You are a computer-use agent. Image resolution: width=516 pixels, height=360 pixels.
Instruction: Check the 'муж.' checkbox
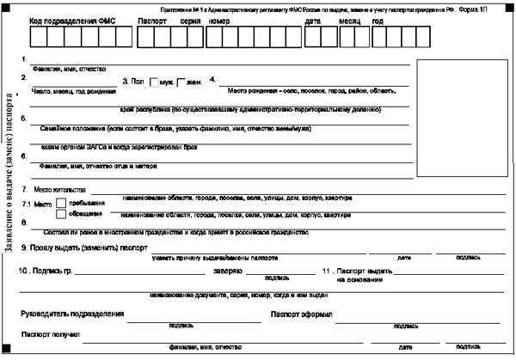(153, 82)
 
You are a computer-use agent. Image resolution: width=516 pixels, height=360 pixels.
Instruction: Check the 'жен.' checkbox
(181, 82)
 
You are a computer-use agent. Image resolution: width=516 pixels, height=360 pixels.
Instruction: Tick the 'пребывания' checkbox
(60, 204)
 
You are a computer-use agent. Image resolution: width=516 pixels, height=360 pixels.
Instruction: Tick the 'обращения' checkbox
(60, 215)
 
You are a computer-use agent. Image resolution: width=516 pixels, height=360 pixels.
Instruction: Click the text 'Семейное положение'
(73, 127)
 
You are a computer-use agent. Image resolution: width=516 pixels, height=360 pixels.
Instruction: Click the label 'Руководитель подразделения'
(71, 314)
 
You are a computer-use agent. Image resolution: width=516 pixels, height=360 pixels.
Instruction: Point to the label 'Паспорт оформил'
(300, 314)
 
